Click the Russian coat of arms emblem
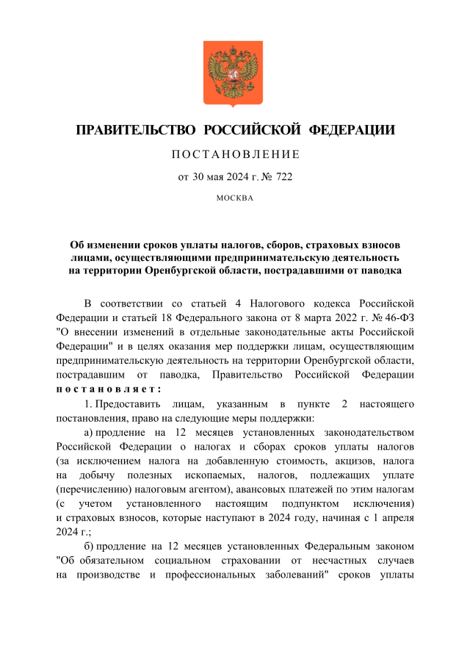tap(233, 74)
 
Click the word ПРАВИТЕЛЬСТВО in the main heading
tap(135, 131)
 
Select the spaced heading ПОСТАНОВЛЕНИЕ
tap(235, 154)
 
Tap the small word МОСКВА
tap(235, 198)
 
